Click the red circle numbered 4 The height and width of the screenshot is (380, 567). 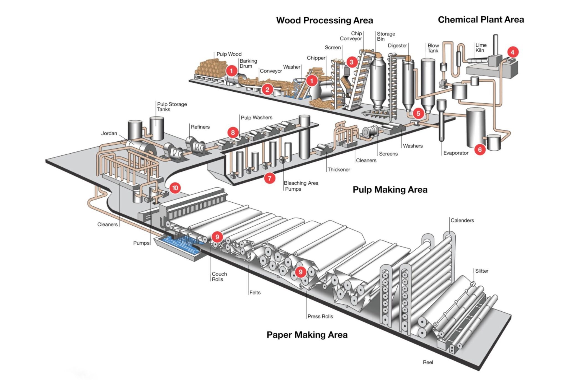[x=512, y=52]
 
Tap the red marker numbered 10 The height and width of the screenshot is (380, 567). [x=175, y=188]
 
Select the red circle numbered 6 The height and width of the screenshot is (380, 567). [x=480, y=150]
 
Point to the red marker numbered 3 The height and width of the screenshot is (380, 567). [x=351, y=62]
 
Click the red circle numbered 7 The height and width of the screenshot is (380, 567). [x=270, y=178]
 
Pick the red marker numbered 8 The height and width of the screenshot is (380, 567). [x=233, y=133]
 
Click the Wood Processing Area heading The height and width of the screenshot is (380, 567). [x=324, y=20]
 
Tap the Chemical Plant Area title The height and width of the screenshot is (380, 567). [x=481, y=20]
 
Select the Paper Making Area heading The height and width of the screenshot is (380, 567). [x=307, y=335]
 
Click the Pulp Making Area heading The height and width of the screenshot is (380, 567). [x=390, y=190]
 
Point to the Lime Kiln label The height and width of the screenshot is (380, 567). [x=481, y=48]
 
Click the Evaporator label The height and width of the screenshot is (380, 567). [x=456, y=153]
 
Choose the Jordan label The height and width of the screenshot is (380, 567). [x=109, y=133]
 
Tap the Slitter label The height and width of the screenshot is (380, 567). [x=482, y=271]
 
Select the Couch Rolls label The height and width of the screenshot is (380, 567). [x=219, y=276]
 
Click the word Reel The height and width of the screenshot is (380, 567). [x=428, y=362]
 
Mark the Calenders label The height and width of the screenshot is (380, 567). [x=462, y=220]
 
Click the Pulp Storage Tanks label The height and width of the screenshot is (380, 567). [x=172, y=107]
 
